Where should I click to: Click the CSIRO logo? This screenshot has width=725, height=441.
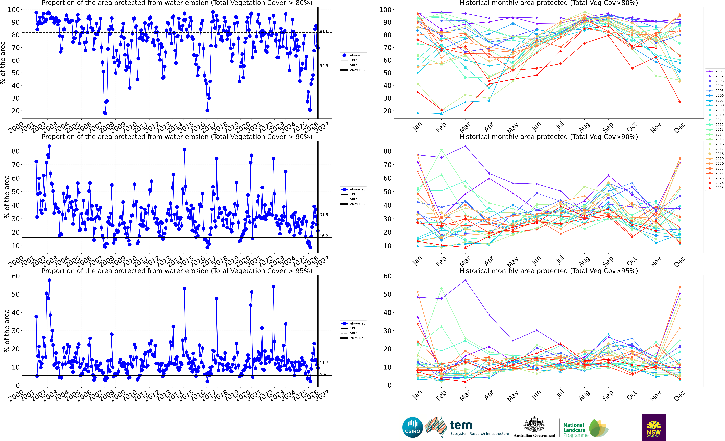pyautogui.click(x=413, y=427)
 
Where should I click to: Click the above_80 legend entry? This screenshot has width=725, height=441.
pyautogui.click(x=357, y=55)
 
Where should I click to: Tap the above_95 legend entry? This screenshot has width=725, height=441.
pyautogui.click(x=357, y=323)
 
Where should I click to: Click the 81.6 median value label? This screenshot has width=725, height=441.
pyautogui.click(x=324, y=31)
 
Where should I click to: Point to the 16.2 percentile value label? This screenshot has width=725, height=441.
pyautogui.click(x=324, y=236)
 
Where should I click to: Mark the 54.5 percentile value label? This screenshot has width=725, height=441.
pyautogui.click(x=324, y=66)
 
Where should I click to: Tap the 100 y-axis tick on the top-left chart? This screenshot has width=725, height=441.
pyautogui.click(x=14, y=10)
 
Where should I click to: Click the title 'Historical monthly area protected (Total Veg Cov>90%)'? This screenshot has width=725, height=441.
pyautogui.click(x=548, y=137)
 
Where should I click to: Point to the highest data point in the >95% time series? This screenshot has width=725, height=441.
pyautogui.click(x=49, y=280)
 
